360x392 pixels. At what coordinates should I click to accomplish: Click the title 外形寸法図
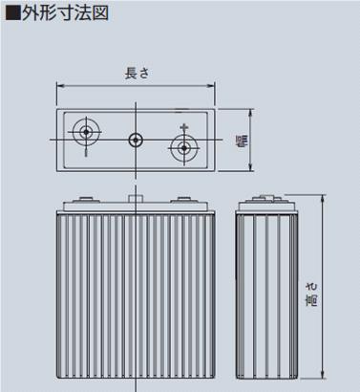pyautogui.click(x=66, y=13)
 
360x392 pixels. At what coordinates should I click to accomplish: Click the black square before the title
pyautogui.click(x=13, y=13)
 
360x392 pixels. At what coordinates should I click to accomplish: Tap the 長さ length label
pyautogui.click(x=137, y=74)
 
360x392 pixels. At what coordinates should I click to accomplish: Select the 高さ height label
pyautogui.click(x=311, y=294)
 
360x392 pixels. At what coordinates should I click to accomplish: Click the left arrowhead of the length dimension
pyautogui.click(x=60, y=86)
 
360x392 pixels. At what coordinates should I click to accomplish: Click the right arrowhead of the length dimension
pyautogui.click(x=211, y=86)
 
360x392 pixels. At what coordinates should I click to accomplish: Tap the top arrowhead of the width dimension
pyautogui.click(x=251, y=113)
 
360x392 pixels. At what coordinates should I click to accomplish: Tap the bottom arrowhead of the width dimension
pyautogui.click(x=251, y=167)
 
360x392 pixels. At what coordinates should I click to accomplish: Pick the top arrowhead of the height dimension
pyautogui.click(x=323, y=199)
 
